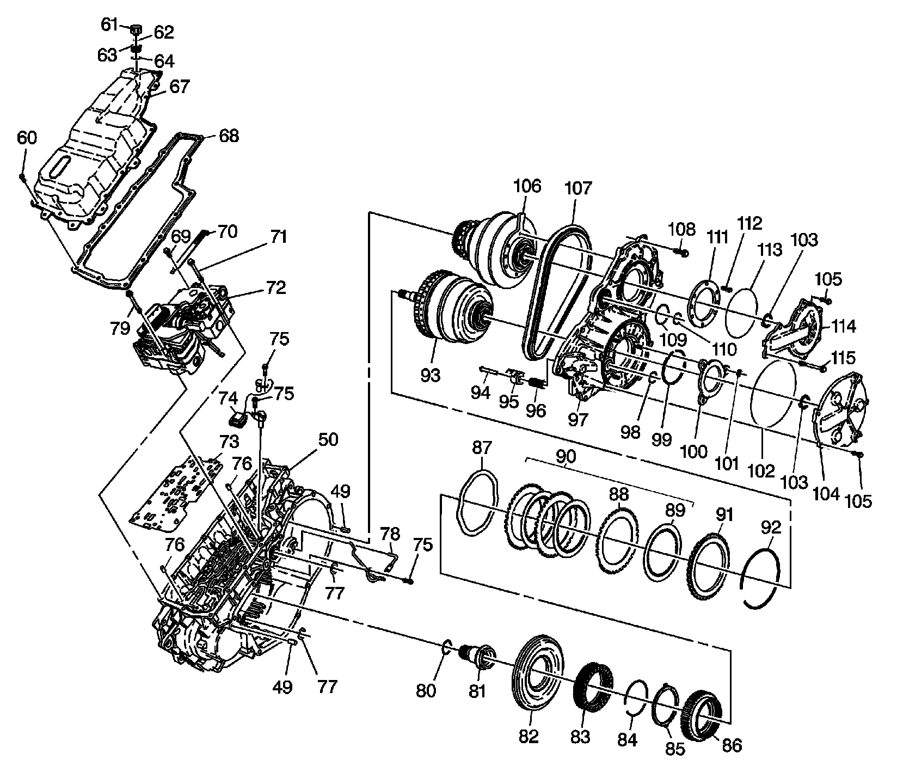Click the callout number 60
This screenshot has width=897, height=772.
(x=27, y=138)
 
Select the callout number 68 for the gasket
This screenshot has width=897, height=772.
(x=229, y=136)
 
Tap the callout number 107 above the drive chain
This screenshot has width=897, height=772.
(x=577, y=189)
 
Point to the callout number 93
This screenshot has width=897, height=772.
(x=431, y=375)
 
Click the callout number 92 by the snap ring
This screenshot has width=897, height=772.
(x=772, y=527)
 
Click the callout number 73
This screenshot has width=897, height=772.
(x=229, y=440)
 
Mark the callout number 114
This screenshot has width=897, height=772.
(x=844, y=326)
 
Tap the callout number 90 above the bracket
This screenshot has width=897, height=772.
(x=566, y=456)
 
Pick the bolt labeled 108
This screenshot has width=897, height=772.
(x=680, y=252)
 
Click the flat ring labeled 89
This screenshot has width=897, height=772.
(x=662, y=550)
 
